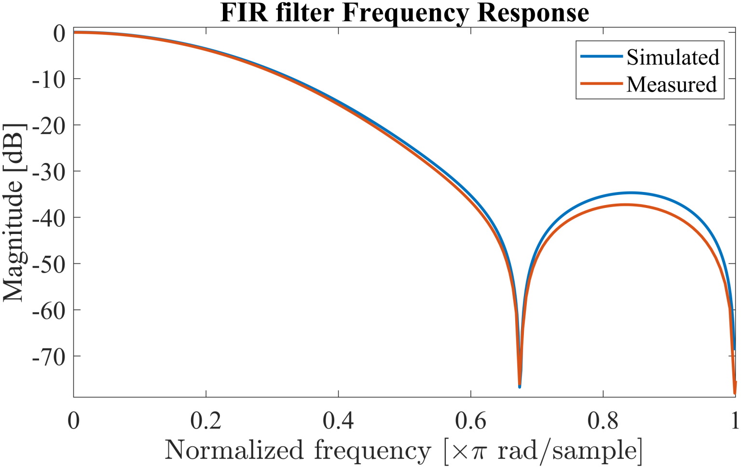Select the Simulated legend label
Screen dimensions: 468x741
(x=672, y=57)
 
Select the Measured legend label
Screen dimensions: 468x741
(x=672, y=84)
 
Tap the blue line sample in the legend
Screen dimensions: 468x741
(x=601, y=56)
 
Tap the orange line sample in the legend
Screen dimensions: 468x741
(x=601, y=84)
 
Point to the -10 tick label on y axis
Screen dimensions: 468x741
(x=48, y=79)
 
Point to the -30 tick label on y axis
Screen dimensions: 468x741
(x=48, y=172)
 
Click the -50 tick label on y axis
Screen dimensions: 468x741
(x=48, y=264)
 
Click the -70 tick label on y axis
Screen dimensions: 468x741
(x=48, y=357)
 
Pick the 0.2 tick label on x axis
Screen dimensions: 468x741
(x=206, y=421)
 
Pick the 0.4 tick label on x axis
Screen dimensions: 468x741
(x=338, y=421)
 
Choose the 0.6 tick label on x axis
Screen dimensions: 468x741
(x=470, y=421)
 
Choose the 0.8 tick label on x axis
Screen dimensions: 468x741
(x=603, y=421)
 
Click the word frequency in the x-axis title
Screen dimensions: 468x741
(x=372, y=451)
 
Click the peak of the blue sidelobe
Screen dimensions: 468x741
(x=631, y=193)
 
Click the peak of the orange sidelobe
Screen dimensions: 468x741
(x=625, y=205)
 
